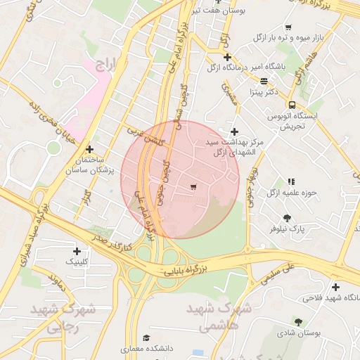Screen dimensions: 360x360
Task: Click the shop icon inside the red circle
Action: (193, 187)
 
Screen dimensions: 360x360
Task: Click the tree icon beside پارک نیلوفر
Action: (286, 218)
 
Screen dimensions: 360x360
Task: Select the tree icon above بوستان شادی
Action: (299, 321)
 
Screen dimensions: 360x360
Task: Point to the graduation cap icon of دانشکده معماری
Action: (146, 338)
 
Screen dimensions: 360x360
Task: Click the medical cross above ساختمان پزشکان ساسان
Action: (89, 149)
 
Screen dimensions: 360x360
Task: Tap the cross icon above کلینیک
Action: (77, 251)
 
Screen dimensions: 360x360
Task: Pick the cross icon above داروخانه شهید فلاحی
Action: (335, 287)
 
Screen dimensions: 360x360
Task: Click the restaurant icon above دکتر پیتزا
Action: (264, 82)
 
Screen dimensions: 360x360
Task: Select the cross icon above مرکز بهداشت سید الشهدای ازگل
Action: (234, 131)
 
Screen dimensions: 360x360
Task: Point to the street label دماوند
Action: (57, 281)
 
